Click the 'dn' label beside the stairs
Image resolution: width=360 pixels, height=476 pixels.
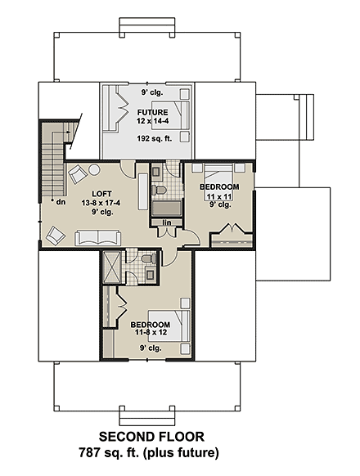coord(60,201)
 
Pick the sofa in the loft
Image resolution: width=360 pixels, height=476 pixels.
coord(97,238)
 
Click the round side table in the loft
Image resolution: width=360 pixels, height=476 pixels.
coord(94,169)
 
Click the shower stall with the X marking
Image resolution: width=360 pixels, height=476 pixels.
coord(110,267)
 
